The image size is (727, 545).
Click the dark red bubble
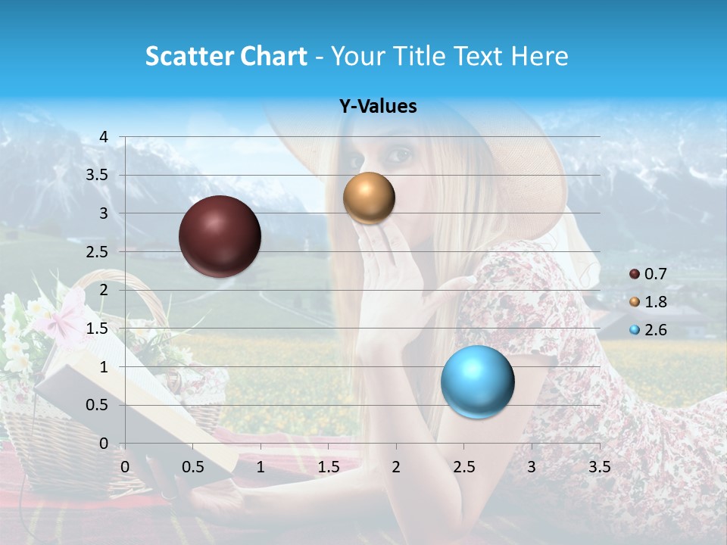click(220, 236)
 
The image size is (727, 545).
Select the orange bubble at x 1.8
click(369, 198)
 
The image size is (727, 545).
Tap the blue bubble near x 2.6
click(477, 381)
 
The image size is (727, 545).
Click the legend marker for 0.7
click(635, 274)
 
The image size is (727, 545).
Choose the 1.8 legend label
click(655, 302)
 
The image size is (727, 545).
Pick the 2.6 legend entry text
click(655, 330)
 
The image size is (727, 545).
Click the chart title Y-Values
click(377, 107)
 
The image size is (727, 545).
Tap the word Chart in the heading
click(273, 56)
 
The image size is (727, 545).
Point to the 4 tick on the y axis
click(104, 137)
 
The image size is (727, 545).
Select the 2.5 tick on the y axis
click(98, 252)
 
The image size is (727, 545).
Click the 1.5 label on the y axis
click(98, 329)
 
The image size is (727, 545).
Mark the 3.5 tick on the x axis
click(599, 467)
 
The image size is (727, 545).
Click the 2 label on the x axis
click(395, 467)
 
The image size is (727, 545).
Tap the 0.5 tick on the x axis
click(192, 467)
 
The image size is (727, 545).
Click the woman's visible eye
click(399, 157)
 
